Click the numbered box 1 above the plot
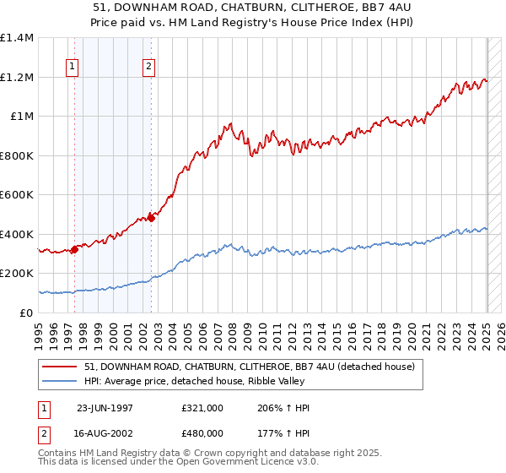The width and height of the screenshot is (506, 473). pos(72,68)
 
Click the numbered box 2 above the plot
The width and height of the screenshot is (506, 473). pos(148,68)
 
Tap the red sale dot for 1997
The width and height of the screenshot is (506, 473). pos(75,249)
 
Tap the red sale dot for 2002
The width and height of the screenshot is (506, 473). pos(152,218)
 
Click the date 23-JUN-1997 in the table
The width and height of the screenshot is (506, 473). pos(105,408)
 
